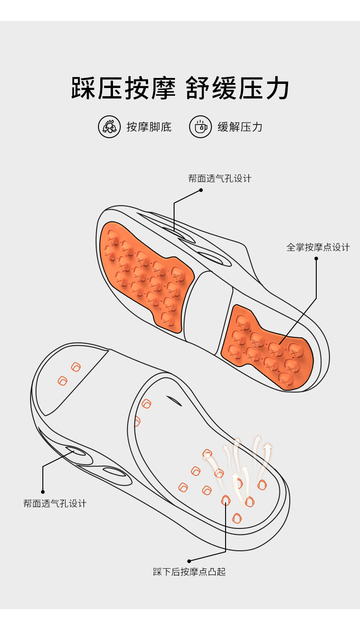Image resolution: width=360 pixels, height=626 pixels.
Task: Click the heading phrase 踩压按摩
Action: tap(123, 88)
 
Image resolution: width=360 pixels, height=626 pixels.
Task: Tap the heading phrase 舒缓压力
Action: tap(238, 88)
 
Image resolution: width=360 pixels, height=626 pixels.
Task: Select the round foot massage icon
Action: tap(109, 127)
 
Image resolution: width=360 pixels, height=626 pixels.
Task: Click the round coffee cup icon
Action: tap(201, 127)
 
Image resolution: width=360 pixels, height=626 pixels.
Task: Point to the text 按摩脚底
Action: tap(149, 127)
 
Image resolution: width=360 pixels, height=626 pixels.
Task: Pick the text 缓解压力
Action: tap(240, 127)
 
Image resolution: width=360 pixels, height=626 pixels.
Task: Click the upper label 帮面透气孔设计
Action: tap(220, 178)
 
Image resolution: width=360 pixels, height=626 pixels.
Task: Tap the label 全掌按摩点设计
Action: tap(318, 247)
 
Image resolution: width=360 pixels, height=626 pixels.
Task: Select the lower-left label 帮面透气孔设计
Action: tap(55, 503)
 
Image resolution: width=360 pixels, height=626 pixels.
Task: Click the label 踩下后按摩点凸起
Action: tap(190, 572)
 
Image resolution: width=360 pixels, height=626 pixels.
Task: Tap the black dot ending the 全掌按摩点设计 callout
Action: tap(316, 259)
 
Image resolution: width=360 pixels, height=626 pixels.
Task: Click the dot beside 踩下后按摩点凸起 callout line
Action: tap(189, 561)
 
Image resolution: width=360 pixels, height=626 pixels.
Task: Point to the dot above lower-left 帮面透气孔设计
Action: tap(43, 491)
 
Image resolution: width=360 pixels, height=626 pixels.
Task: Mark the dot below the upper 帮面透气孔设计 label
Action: tap(201, 190)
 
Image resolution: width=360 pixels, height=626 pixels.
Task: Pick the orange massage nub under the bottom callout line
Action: tap(226, 500)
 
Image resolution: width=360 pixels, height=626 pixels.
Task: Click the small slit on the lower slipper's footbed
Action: tap(174, 400)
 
